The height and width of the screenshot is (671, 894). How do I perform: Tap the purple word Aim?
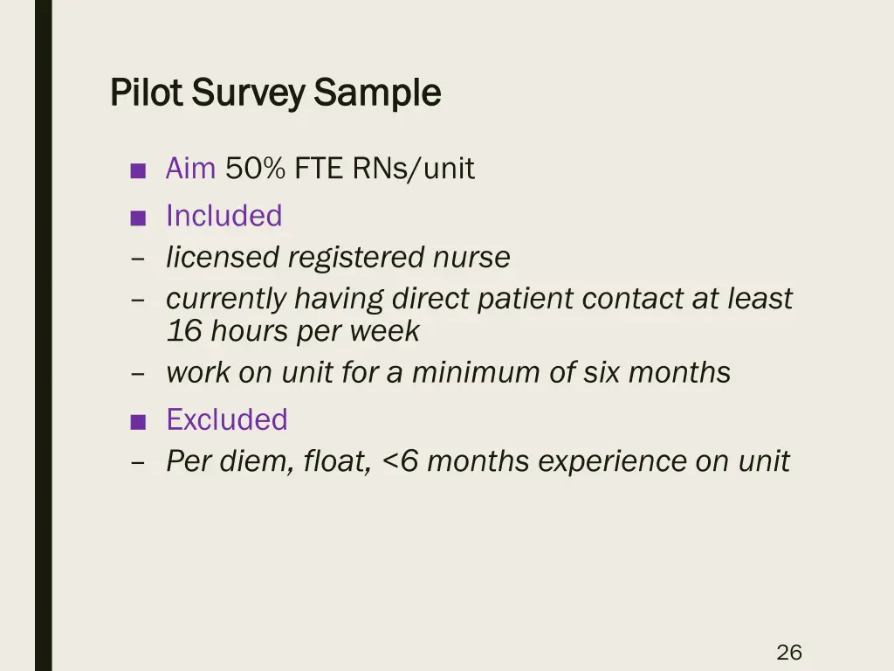[x=190, y=169]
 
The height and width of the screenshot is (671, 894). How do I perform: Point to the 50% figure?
[x=255, y=169]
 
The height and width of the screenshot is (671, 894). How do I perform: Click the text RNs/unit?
[x=414, y=169]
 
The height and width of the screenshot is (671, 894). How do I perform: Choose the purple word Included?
[x=224, y=216]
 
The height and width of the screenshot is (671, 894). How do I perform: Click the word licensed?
[x=223, y=258]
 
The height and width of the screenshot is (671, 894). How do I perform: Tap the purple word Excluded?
[x=227, y=420]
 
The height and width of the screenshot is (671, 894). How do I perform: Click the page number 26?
[x=789, y=652]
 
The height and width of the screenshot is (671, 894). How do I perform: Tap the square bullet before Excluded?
[x=137, y=422]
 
